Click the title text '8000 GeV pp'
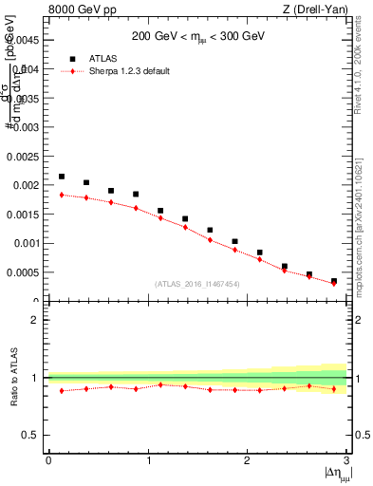tap(77, 10)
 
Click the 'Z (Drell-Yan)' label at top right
tap(315, 10)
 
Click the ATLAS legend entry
tap(106, 58)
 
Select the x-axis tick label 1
tap(148, 460)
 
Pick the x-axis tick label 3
tap(347, 460)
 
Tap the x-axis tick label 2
tap(248, 460)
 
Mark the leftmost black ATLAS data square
tap(62, 177)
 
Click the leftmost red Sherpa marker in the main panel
tap(62, 195)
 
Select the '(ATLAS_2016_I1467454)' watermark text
tap(197, 284)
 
